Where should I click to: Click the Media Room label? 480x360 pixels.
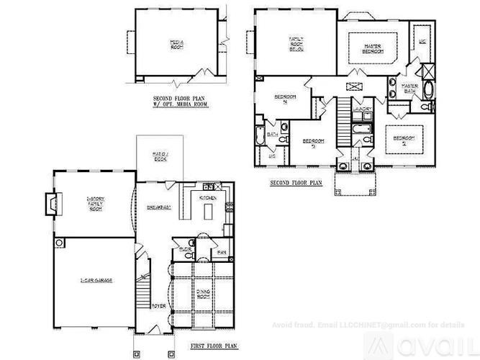click(x=177, y=44)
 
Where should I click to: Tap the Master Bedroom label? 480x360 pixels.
click(x=371, y=50)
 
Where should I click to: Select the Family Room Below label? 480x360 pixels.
click(x=296, y=43)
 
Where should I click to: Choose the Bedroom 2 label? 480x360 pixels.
click(x=402, y=140)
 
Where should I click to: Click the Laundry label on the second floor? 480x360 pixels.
click(x=362, y=110)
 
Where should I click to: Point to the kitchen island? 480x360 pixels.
click(x=207, y=211)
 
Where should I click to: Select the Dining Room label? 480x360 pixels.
click(x=202, y=294)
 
